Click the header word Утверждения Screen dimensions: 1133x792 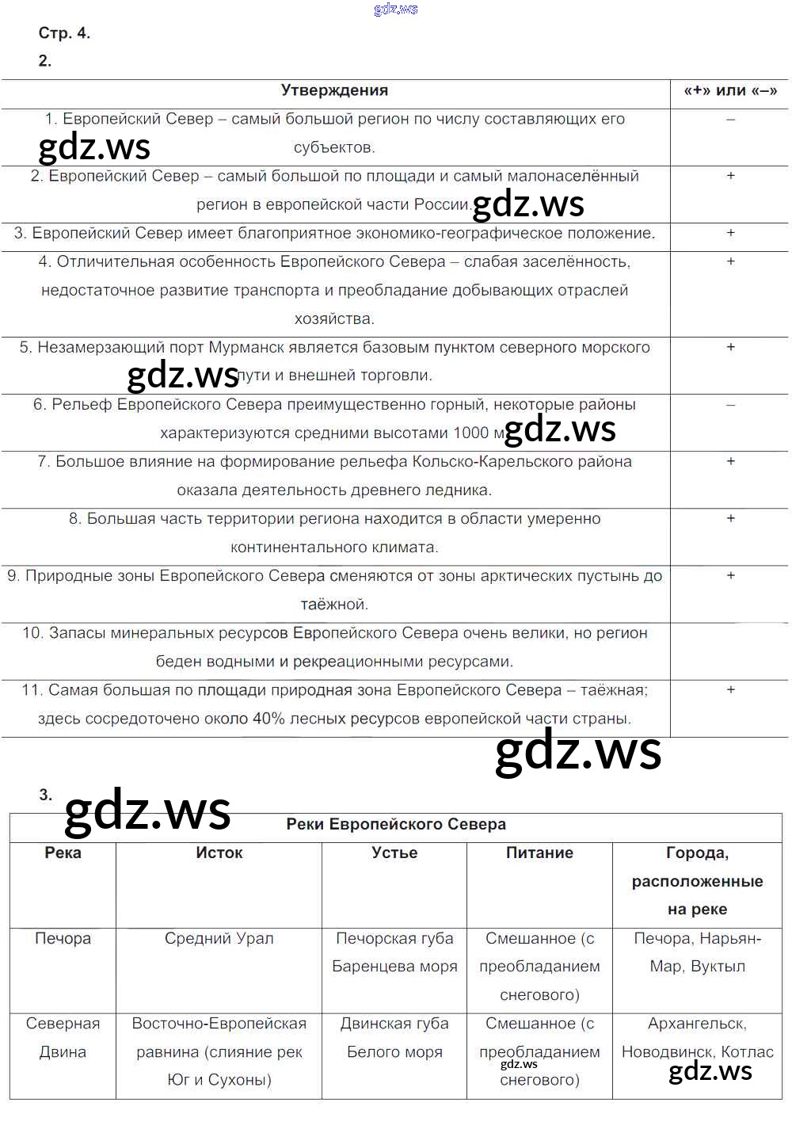click(334, 90)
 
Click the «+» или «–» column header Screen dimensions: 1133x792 click(730, 90)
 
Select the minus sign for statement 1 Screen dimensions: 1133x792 click(730, 119)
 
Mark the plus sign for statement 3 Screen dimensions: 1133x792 click(730, 233)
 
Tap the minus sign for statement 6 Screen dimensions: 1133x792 click(730, 404)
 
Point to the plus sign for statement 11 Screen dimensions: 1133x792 click(730, 690)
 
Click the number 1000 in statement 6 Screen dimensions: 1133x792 click(470, 433)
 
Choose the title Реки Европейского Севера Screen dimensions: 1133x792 click(396, 824)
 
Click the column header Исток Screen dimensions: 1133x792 click(219, 853)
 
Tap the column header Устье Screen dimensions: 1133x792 click(394, 853)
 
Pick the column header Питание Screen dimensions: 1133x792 click(539, 853)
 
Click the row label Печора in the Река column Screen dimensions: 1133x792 click(63, 938)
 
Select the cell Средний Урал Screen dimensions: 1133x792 click(219, 938)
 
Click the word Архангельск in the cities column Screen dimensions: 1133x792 click(697, 1024)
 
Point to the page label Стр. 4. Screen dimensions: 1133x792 click(64, 33)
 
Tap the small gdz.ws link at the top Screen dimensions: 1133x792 click(395, 9)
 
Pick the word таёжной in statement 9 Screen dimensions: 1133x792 click(333, 605)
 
